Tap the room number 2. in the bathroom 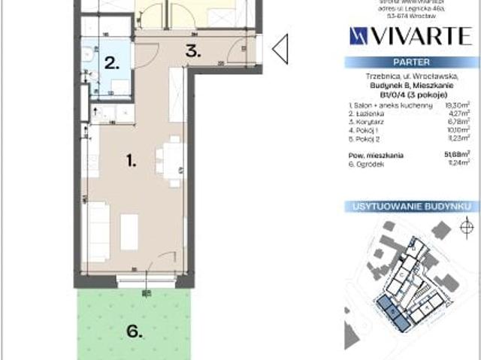[x=112, y=63]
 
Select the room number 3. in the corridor [x=193, y=52]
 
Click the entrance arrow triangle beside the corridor [x=280, y=50]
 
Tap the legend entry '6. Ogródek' [x=367, y=162]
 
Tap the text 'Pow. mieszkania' [x=376, y=155]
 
